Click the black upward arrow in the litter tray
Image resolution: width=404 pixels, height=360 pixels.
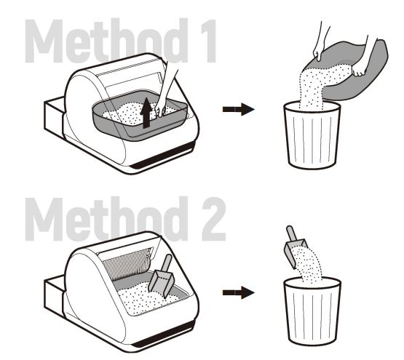(x=147, y=113)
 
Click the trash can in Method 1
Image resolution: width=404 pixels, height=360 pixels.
(x=311, y=137)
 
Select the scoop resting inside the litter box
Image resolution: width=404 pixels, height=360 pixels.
(x=165, y=276)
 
